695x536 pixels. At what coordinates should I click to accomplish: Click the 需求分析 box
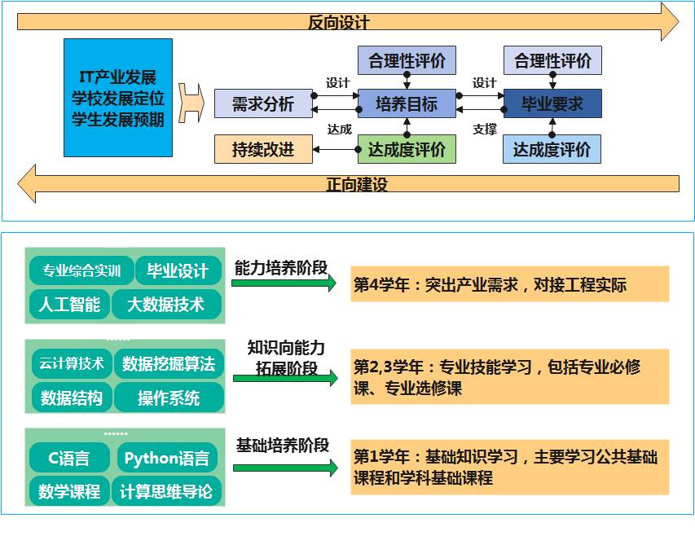[x=263, y=103]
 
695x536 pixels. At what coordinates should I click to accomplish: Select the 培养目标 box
[x=407, y=103]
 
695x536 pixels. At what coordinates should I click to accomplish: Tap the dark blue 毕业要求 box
[x=552, y=103]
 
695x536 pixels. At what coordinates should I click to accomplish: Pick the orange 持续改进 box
[x=263, y=149]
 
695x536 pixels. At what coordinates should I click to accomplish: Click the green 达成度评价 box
[x=407, y=149]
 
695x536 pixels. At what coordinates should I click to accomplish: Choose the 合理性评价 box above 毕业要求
[x=552, y=60]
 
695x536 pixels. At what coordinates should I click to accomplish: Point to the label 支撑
[x=485, y=130]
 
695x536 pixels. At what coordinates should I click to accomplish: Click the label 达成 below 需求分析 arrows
[x=340, y=130]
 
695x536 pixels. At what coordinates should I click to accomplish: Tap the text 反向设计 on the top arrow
[x=339, y=22]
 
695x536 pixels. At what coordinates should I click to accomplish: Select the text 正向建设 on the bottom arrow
[x=357, y=184]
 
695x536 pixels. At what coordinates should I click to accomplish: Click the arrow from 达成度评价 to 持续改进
[x=335, y=150]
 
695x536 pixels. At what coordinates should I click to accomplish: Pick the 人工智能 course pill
[x=69, y=305]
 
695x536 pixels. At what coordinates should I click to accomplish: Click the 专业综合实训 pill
[x=81, y=270]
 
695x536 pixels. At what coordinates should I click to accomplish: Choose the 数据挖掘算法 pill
[x=169, y=363]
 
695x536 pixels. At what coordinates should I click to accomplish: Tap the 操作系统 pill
[x=169, y=398]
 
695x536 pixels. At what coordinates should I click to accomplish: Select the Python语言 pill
[x=167, y=458]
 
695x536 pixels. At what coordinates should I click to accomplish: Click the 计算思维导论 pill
[x=166, y=491]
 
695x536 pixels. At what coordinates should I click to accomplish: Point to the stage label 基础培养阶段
[x=283, y=446]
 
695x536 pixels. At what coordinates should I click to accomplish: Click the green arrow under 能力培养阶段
[x=284, y=283]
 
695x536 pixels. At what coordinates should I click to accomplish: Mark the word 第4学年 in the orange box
[x=381, y=284]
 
